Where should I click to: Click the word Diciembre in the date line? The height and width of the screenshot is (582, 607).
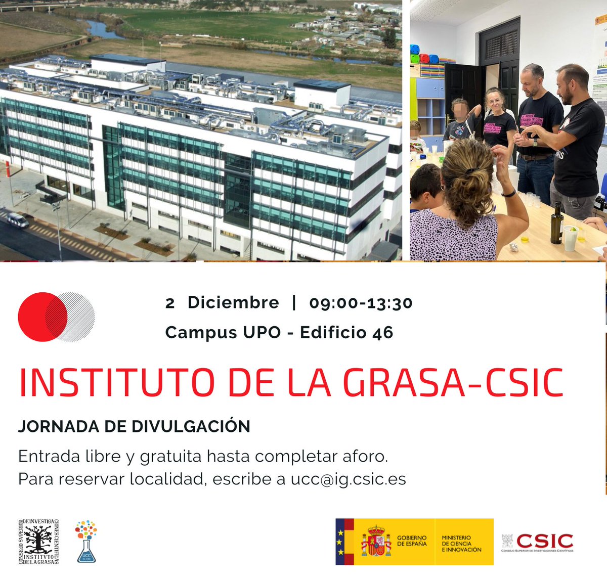pos(233,302)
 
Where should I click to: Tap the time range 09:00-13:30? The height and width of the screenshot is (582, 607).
pos(361,303)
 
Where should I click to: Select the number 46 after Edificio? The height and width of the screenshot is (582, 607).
pos(383,333)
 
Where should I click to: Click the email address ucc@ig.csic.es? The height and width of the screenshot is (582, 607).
pos(348,479)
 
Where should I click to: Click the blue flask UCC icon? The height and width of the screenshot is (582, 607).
pos(86,542)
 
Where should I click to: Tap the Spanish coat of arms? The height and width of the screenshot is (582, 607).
pos(376,542)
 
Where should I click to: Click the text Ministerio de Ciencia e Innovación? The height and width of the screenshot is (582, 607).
pos(461,544)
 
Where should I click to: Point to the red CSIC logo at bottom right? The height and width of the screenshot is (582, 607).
pos(544,541)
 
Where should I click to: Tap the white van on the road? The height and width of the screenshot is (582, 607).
pos(18,220)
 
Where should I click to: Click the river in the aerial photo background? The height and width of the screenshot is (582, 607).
pos(104,30)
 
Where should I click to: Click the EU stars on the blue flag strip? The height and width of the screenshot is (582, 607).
pos(340,542)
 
